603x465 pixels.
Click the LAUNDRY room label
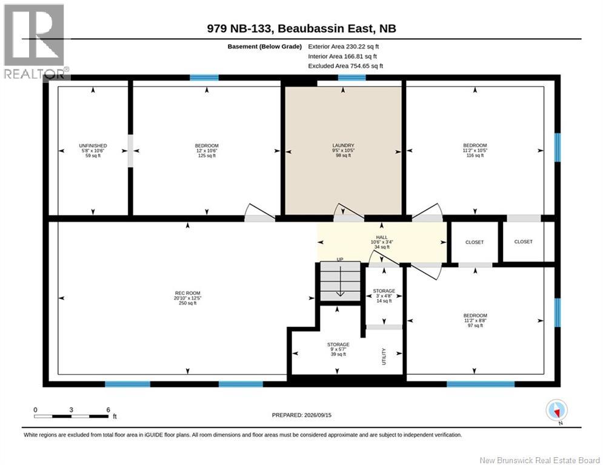343,145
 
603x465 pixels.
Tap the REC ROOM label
187,293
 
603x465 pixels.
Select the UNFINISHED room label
93,146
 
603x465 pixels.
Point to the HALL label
381,237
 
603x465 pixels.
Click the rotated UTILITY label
384,357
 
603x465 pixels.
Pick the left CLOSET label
474,242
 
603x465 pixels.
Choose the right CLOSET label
523,242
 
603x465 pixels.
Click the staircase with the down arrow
340,281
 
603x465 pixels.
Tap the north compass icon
556,411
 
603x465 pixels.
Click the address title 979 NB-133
302,28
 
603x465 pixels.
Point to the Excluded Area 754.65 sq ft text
345,66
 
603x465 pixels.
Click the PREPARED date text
302,415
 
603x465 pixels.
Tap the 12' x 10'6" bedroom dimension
207,151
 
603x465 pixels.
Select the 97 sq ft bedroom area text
475,326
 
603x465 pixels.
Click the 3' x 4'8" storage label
384,296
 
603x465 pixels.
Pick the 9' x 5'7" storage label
338,349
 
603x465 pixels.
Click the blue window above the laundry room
352,77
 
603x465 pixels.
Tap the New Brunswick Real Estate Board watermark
539,460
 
